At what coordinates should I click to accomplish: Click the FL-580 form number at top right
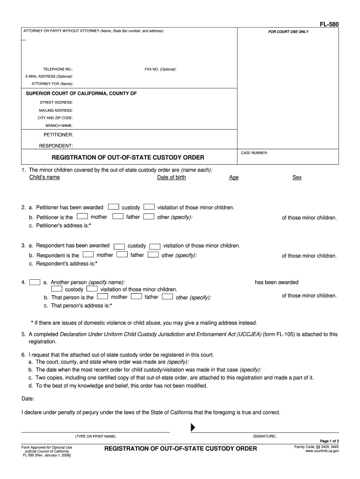click(x=330, y=23)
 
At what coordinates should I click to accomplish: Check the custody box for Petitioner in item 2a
click(x=113, y=207)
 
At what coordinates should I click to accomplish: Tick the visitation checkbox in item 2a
click(x=149, y=207)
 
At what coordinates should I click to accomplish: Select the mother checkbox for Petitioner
click(x=82, y=217)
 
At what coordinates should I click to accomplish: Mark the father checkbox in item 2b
click(x=118, y=217)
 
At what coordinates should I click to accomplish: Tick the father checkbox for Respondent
click(x=122, y=255)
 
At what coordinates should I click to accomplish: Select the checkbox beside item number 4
click(x=34, y=283)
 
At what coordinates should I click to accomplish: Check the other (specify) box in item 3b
click(x=152, y=255)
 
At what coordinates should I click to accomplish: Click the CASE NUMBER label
click(x=254, y=153)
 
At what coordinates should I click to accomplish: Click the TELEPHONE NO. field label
click(x=58, y=69)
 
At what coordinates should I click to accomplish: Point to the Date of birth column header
click(x=171, y=177)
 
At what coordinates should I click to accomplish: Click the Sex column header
click(x=297, y=178)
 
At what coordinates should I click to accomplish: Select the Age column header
click(x=234, y=178)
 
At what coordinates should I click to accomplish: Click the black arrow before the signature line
click(x=192, y=428)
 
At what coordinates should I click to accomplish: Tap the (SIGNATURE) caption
click(x=264, y=436)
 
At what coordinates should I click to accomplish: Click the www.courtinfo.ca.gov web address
click(x=322, y=451)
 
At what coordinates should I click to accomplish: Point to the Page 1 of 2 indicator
click(x=329, y=441)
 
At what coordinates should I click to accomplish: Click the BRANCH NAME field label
click(x=59, y=126)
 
